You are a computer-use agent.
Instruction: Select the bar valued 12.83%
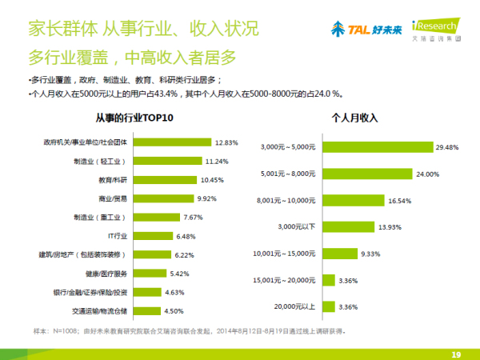[x=171, y=142]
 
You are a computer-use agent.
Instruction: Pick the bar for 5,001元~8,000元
[x=368, y=174]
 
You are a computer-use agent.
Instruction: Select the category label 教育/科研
[x=112, y=180]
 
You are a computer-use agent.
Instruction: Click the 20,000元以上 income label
[x=294, y=306]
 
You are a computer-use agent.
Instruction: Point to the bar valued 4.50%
[x=145, y=311]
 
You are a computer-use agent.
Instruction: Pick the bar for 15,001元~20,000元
[x=328, y=280]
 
